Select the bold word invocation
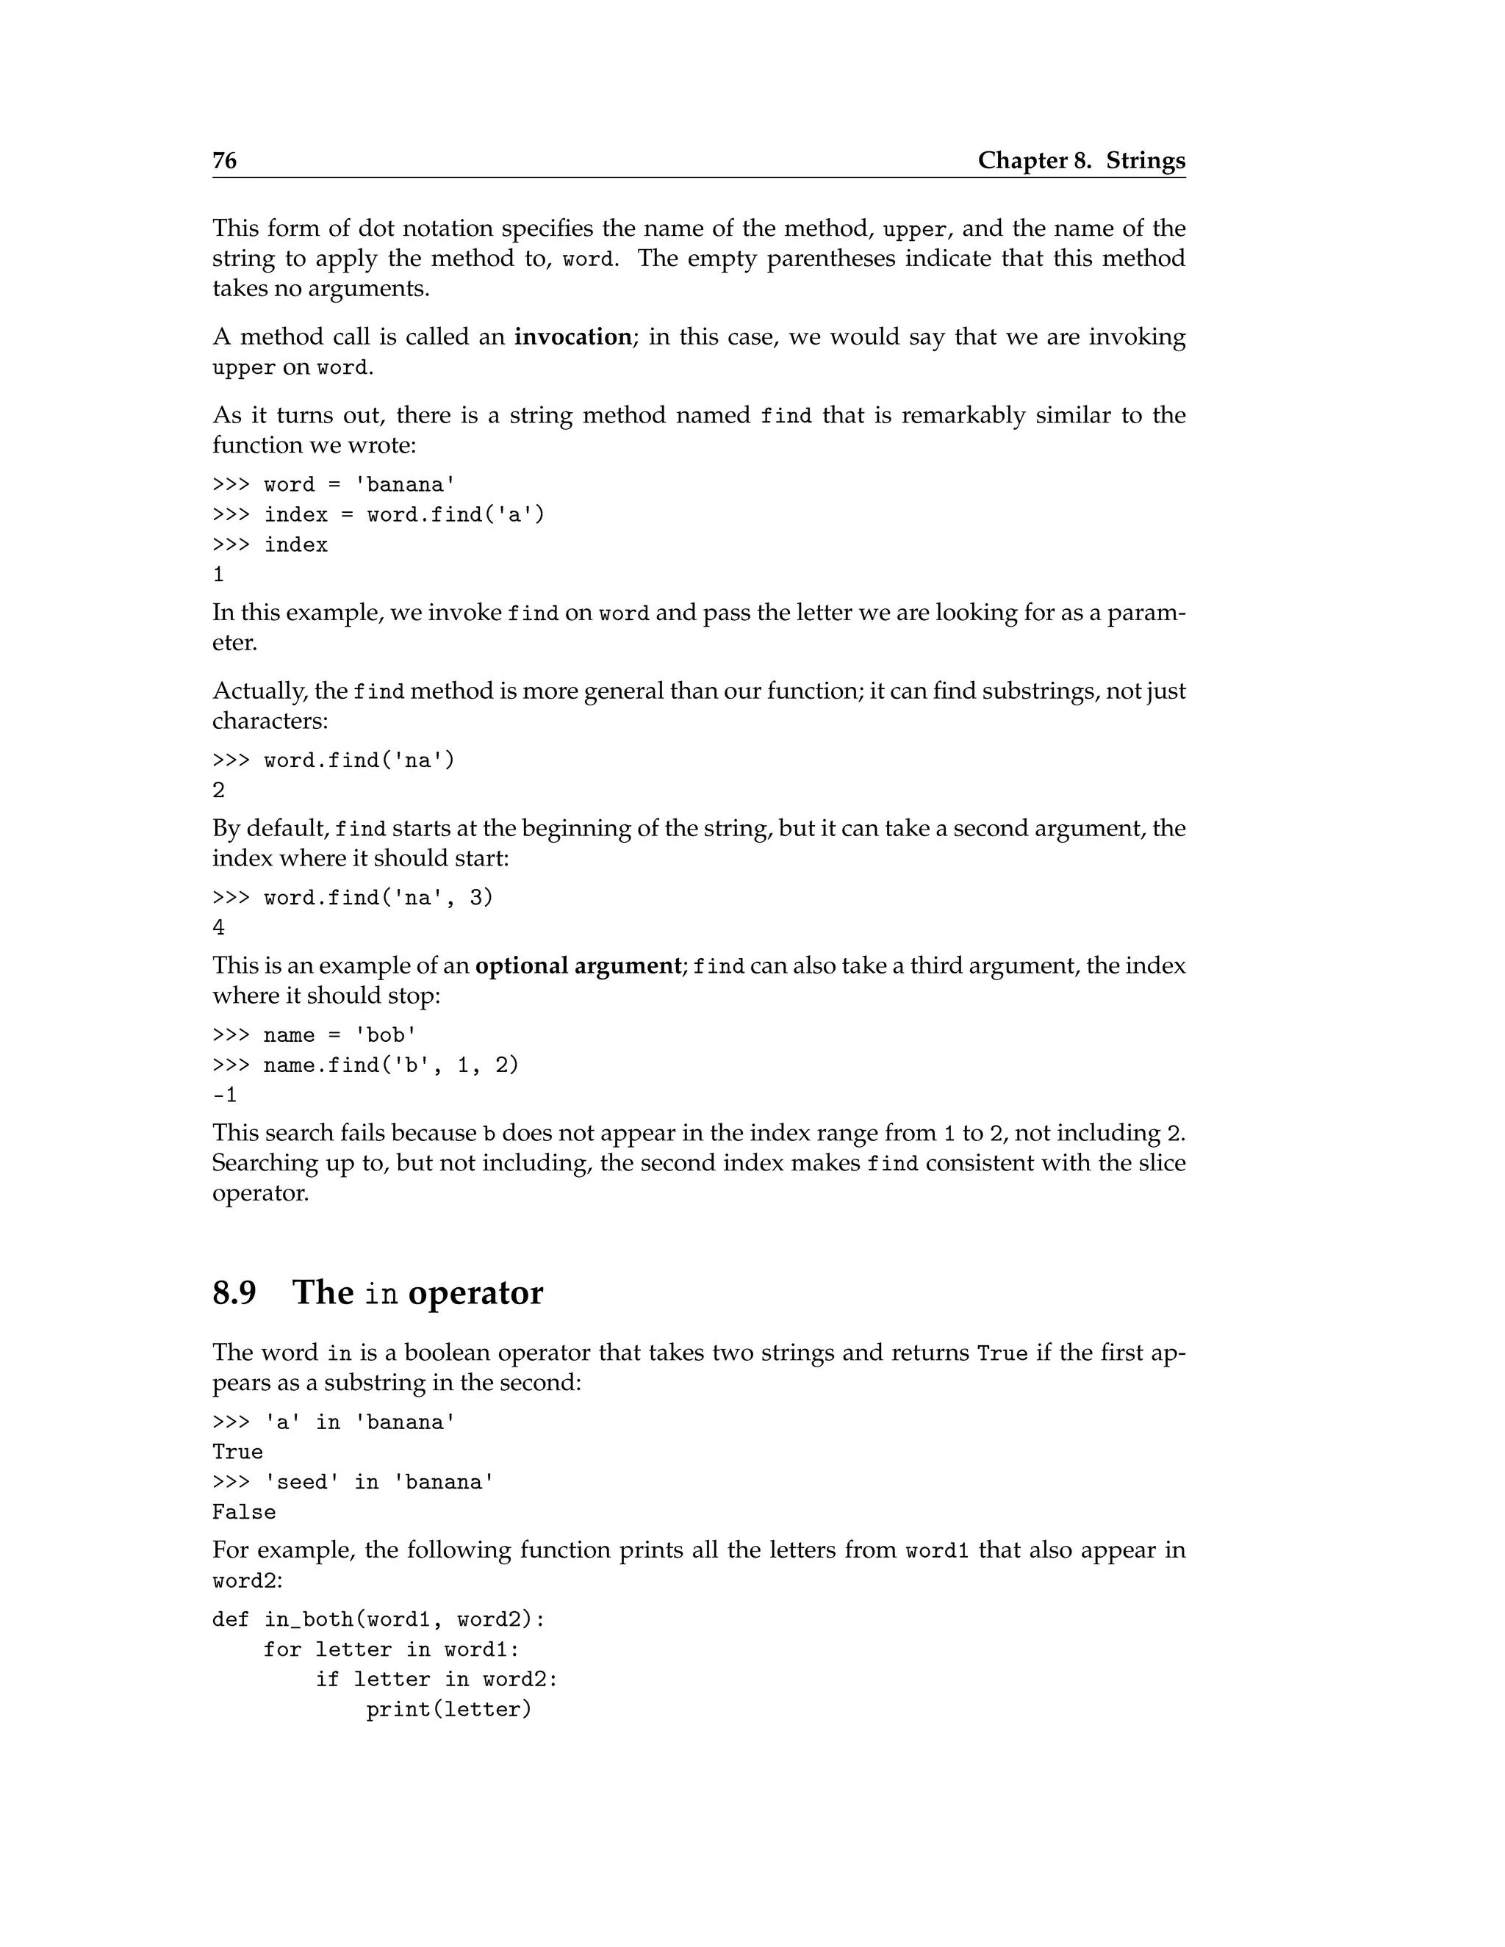[x=573, y=337]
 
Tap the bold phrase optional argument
[x=578, y=965]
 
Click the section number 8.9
[x=234, y=1292]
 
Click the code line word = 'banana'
[x=359, y=485]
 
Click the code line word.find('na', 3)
[x=378, y=898]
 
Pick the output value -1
[x=225, y=1095]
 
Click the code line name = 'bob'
[x=340, y=1035]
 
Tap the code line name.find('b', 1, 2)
[x=390, y=1065]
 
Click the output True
[x=237, y=1453]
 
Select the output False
[x=243, y=1512]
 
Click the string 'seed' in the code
[x=296, y=1482]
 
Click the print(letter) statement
[x=448, y=1710]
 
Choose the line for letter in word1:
[x=390, y=1650]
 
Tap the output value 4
[x=218, y=928]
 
